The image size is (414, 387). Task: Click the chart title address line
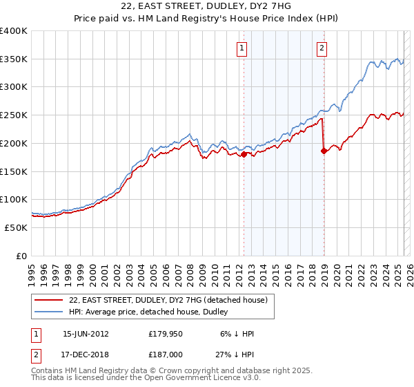click(206, 6)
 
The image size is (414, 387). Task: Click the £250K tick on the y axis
click(14, 115)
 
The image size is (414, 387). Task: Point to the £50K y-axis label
click(16, 227)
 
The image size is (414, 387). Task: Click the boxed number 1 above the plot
click(243, 48)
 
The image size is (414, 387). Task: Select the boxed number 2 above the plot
click(322, 48)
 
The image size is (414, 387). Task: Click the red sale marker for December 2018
click(324, 150)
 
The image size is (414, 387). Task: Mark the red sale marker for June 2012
click(244, 154)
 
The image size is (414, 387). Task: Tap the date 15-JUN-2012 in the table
click(86, 333)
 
